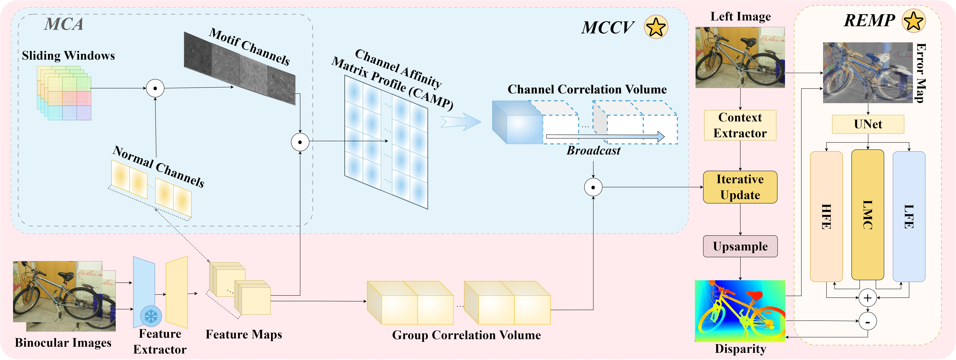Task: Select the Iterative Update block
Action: [x=740, y=187]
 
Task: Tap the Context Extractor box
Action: [x=740, y=125]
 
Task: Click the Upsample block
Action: [x=740, y=246]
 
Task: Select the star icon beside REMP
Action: [x=913, y=21]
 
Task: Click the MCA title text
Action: [x=64, y=24]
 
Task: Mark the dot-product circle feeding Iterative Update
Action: [x=593, y=187]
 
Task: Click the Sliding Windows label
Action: [x=68, y=56]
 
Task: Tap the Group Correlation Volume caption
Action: [x=466, y=335]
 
